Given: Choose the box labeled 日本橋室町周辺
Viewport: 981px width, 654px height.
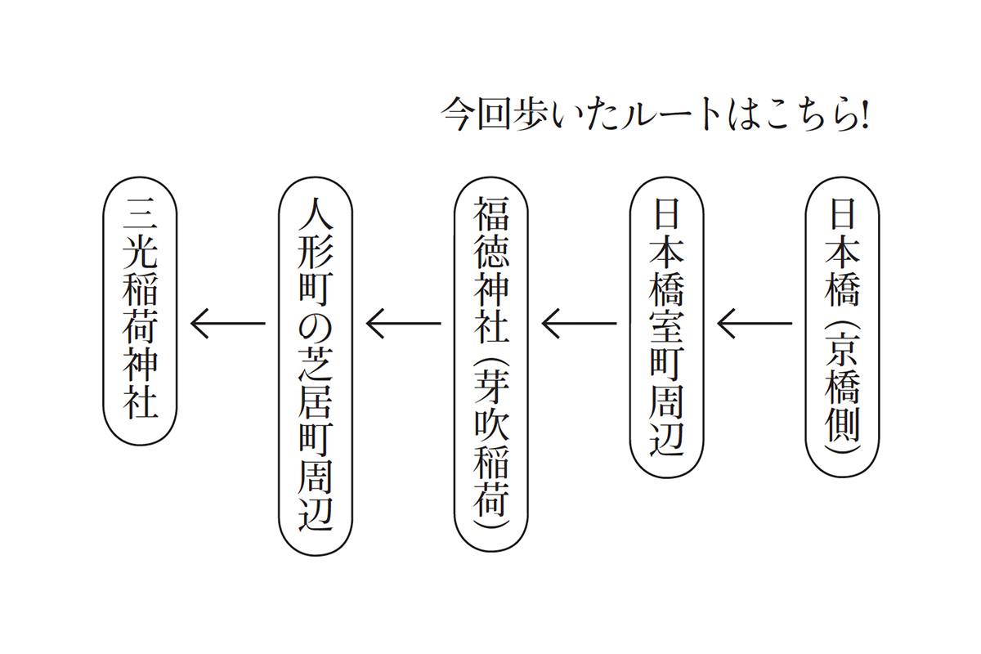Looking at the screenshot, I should click(667, 327).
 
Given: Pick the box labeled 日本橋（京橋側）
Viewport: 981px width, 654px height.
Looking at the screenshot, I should click(843, 327).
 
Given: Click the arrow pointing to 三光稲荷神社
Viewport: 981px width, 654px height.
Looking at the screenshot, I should click(227, 324).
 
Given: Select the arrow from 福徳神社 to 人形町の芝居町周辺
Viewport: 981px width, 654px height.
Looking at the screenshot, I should click(403, 324).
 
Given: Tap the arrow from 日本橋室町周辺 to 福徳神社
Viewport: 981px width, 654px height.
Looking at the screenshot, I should click(579, 324).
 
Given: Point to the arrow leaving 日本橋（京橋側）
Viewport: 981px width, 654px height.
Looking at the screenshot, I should click(755, 324).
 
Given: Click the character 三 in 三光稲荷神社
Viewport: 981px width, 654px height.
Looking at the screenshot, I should click(140, 216).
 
